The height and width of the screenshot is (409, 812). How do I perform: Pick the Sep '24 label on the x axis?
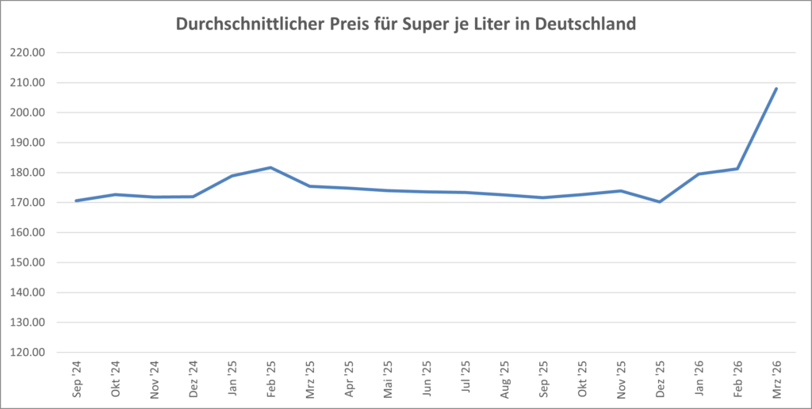(x=76, y=379)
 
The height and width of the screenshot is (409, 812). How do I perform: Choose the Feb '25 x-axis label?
(x=270, y=379)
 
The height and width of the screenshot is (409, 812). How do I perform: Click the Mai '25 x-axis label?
(x=387, y=379)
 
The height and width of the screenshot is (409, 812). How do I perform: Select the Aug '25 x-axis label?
(x=504, y=379)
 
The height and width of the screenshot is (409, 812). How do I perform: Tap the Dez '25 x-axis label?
(x=659, y=379)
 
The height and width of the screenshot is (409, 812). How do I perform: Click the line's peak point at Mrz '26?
(x=776, y=89)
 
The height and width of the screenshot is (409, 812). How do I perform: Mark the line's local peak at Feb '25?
(x=270, y=167)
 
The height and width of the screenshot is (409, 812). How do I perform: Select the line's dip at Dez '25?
(x=659, y=202)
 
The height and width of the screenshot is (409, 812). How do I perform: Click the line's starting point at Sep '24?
(x=76, y=201)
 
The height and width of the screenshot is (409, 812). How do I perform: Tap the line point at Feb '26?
(x=737, y=169)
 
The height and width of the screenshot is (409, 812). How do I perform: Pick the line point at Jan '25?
(x=232, y=175)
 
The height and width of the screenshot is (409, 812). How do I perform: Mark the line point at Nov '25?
(x=620, y=190)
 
